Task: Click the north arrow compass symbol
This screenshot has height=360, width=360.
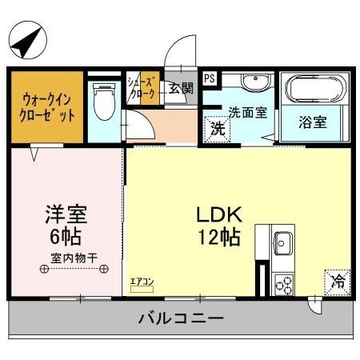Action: tap(28, 40)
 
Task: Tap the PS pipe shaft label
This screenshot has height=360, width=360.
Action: tap(210, 78)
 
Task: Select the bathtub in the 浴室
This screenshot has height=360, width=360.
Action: tap(315, 89)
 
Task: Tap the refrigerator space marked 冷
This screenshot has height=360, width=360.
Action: tap(338, 282)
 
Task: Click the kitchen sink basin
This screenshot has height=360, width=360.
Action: tap(284, 243)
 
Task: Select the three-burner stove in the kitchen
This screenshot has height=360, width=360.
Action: tap(284, 284)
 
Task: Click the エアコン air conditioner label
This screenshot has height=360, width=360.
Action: tap(142, 282)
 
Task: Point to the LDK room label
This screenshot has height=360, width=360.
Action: tap(219, 214)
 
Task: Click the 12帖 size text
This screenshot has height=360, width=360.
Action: tap(219, 237)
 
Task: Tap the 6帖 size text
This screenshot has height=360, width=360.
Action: tap(66, 236)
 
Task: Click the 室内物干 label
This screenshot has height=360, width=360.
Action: tap(74, 258)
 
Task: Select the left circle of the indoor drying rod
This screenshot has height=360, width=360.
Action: tap(44, 269)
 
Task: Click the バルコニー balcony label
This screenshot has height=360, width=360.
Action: tap(181, 318)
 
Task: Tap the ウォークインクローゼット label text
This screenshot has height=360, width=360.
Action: tap(47, 108)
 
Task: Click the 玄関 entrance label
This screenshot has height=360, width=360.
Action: tap(181, 89)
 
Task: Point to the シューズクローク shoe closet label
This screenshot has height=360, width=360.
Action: tap(141, 88)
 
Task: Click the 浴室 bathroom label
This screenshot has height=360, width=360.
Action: tap(313, 122)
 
